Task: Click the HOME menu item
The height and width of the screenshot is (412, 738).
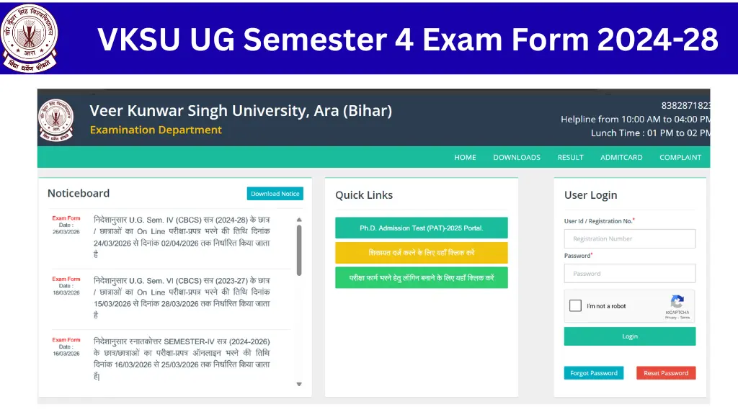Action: (465, 157)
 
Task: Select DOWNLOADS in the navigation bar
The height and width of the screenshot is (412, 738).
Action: (516, 157)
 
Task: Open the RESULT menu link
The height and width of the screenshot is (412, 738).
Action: (570, 157)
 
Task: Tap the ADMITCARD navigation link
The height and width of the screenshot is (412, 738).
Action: (621, 157)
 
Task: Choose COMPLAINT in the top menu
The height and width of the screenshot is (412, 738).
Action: (680, 157)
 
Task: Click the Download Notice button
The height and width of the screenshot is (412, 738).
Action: (275, 194)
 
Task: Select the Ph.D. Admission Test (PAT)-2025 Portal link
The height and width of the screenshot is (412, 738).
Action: (421, 228)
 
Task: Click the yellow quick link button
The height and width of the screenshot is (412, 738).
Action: (421, 253)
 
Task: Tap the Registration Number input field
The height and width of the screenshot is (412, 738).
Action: (629, 238)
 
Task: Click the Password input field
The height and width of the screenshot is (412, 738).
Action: (629, 274)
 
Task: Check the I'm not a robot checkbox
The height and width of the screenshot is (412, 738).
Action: (575, 306)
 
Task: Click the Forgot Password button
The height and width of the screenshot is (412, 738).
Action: (593, 373)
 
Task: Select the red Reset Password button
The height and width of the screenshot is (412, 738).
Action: (665, 373)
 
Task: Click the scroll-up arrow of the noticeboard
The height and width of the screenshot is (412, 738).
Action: (299, 219)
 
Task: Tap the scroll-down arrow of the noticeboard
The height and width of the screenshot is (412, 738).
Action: (299, 385)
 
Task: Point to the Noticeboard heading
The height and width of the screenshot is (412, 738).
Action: (79, 193)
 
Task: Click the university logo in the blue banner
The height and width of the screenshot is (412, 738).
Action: (29, 37)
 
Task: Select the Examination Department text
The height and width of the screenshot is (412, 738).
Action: (156, 130)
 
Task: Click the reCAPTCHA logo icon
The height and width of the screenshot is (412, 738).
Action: (677, 302)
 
